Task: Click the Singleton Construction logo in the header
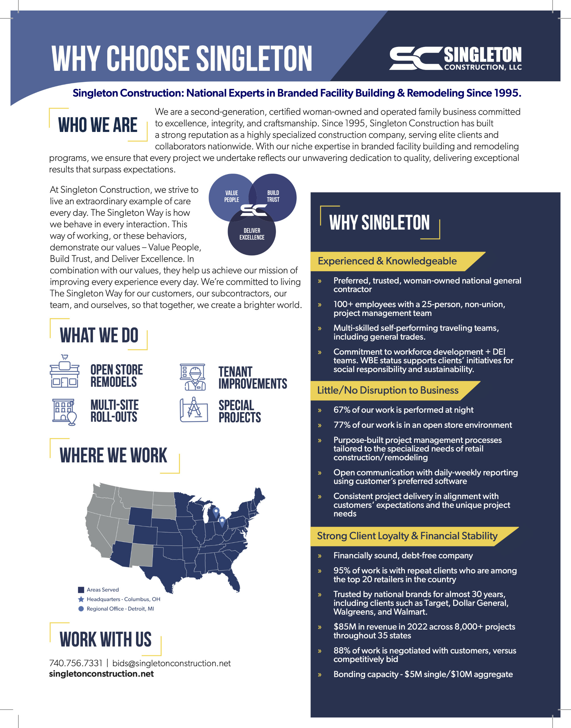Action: [455, 59]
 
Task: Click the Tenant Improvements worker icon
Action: [193, 377]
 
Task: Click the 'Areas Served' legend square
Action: [81, 590]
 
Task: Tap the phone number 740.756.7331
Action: [76, 663]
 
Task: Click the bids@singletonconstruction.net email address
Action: [172, 663]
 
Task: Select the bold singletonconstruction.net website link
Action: [101, 673]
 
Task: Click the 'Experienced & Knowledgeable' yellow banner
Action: [387, 261]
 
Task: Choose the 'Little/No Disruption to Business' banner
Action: [388, 390]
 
